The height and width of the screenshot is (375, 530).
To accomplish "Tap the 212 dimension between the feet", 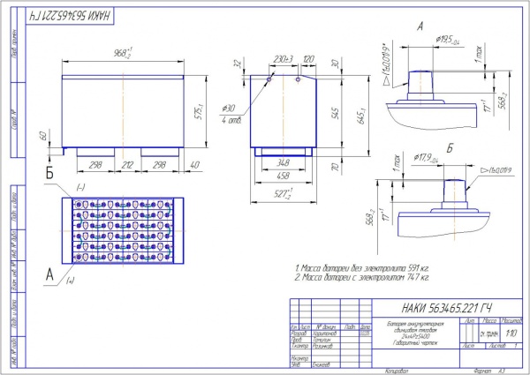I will [127, 164].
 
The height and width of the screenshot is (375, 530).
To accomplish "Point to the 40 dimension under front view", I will [194, 164].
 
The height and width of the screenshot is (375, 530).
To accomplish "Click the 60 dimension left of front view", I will [43, 136].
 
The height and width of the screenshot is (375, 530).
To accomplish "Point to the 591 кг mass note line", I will [361, 266].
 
